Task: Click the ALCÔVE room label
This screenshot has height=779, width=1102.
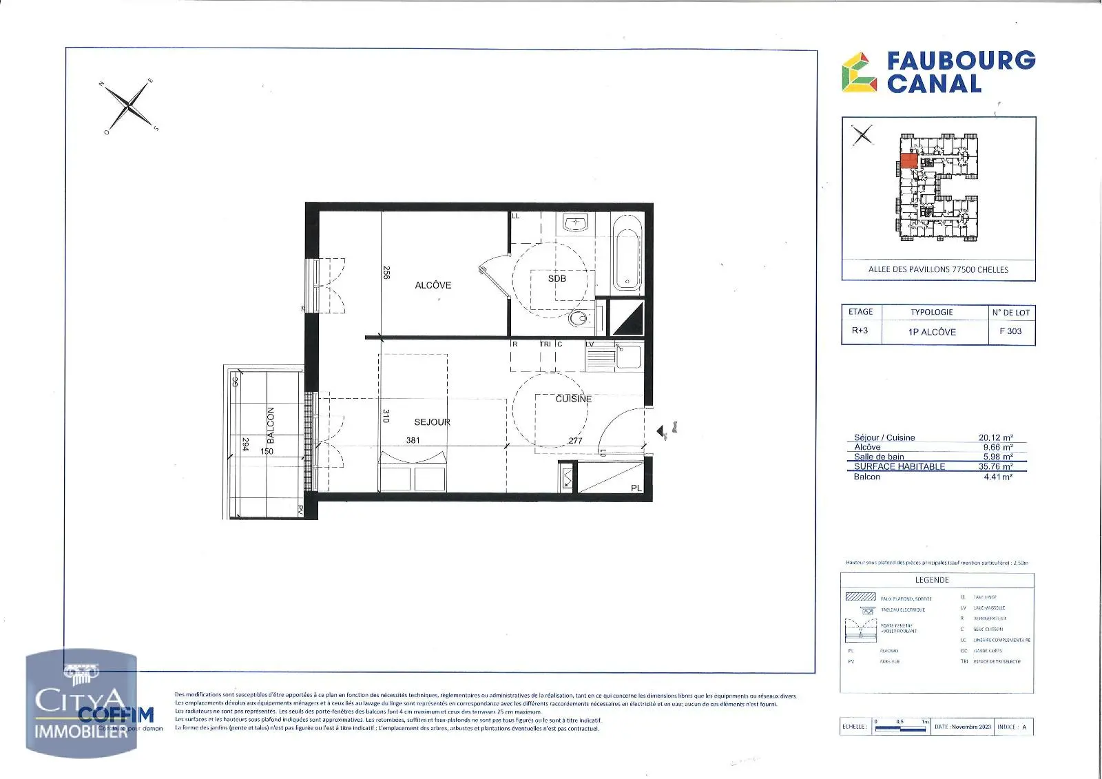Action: coord(433,285)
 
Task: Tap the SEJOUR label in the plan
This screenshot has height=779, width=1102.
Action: coord(432,422)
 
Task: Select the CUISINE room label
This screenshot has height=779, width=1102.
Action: coord(573,399)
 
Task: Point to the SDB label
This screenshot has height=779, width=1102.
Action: coord(557,279)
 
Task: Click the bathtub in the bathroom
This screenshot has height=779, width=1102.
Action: coord(627,253)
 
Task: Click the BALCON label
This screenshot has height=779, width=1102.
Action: coord(271,425)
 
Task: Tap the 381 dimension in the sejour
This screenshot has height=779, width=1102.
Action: coord(413,440)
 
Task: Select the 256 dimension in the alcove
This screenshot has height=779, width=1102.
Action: coord(386,273)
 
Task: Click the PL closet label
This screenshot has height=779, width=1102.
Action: coord(636,488)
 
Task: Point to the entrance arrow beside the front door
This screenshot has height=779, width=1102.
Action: coord(661,431)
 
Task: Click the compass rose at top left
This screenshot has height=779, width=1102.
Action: coord(129,106)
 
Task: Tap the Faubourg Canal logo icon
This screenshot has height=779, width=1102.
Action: coord(859,73)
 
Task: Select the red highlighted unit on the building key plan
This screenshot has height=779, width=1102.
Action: coord(908,162)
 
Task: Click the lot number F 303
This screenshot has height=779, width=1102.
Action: coord(1010,331)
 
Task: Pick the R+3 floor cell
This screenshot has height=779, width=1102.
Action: coord(860,331)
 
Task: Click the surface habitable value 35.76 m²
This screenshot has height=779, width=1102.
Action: coord(995,466)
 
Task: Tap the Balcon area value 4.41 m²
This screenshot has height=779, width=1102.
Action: coord(997,477)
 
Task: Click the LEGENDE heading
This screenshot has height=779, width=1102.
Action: coord(931,580)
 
